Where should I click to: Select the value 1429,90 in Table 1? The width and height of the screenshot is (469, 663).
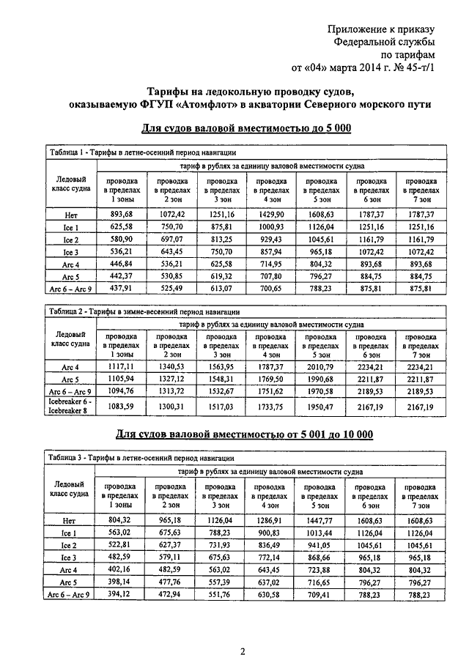point(271,213)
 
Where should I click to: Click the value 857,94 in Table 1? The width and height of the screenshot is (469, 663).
point(271,252)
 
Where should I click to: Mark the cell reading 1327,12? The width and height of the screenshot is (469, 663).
point(170,379)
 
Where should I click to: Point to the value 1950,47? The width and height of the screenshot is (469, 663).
point(321,406)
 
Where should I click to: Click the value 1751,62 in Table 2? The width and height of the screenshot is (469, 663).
point(271,392)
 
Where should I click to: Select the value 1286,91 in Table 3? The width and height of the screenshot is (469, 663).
point(271,519)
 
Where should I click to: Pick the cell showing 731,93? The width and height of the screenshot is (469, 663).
point(220,545)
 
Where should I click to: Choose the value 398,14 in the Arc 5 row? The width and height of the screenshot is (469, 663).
point(119,583)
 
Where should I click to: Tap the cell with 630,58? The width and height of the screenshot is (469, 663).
point(271,596)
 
